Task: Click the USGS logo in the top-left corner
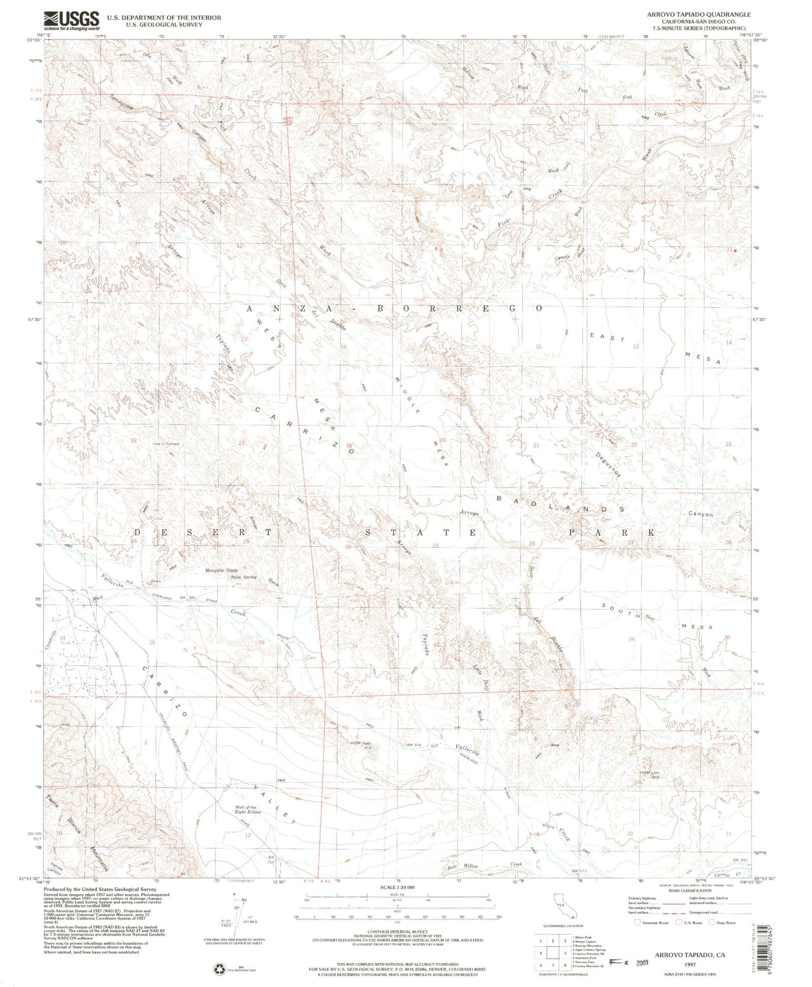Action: (72, 21)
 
